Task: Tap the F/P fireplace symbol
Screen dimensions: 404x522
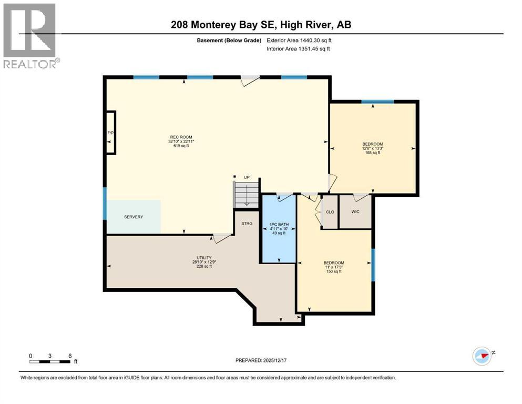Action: tap(110, 133)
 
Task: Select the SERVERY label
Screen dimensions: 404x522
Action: tap(134, 217)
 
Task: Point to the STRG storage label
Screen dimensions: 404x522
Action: tap(247, 224)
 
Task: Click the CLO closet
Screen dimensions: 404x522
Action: tap(330, 213)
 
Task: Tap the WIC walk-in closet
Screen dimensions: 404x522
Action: tap(355, 213)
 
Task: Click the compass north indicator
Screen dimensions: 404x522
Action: tap(482, 356)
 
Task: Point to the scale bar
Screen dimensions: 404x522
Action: tap(50, 361)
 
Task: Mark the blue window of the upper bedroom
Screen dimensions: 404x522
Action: tap(377, 102)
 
